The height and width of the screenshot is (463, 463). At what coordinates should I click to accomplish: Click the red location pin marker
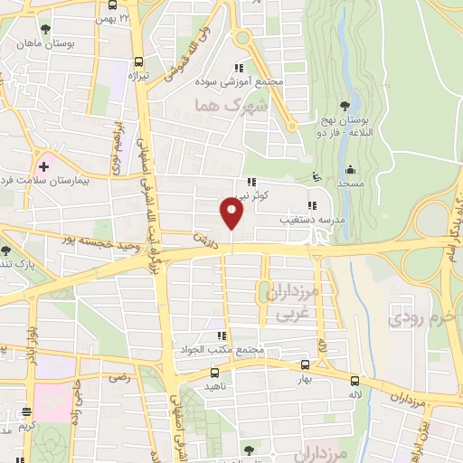pos(232,213)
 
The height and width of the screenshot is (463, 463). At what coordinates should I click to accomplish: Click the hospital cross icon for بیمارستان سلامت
pos(43,167)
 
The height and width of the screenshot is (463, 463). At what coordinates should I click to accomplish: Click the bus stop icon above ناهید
pos(213,372)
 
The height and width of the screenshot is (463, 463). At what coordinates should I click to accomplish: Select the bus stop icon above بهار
pos(304,365)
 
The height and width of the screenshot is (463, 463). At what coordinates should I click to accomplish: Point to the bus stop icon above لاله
pos(354,381)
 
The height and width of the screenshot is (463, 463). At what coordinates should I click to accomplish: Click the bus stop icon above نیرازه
pos(138,62)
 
